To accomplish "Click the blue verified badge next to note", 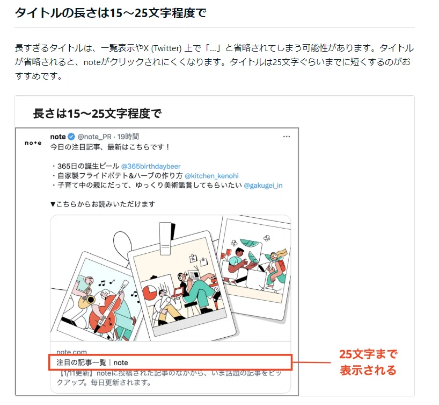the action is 71,137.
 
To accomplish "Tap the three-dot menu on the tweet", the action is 287,137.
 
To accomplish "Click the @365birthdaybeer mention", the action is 151,166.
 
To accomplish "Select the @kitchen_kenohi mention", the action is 211,176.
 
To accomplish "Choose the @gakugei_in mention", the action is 263,186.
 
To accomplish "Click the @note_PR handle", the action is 94,137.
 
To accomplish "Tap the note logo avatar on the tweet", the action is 33,143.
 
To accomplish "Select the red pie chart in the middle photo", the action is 150,293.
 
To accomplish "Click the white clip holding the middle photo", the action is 165,239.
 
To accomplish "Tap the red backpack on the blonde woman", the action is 281,267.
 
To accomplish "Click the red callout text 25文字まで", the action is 368,354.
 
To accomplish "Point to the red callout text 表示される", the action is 368,370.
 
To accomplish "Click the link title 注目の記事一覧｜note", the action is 92,363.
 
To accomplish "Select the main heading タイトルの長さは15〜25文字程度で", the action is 111,13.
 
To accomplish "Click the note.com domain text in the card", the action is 72,352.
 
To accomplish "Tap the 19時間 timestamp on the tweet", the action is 128,137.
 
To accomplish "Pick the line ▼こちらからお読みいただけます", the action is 103,204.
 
